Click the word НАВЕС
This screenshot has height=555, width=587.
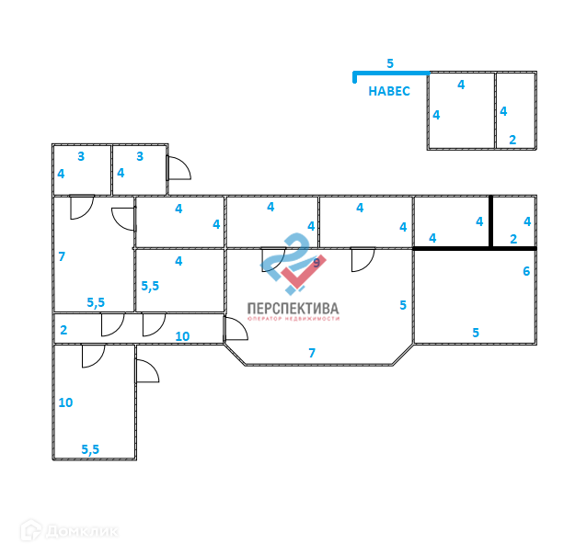coord(388,91)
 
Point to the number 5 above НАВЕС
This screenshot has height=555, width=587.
coord(390,63)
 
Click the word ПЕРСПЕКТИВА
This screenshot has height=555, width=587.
coord(293,309)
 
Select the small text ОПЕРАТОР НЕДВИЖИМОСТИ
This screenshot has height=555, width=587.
coord(293,319)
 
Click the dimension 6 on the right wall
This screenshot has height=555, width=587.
coord(526,271)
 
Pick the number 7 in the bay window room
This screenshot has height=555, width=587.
coord(312,353)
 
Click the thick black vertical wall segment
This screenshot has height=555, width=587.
coord(490,221)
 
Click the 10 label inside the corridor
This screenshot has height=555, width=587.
coord(182,336)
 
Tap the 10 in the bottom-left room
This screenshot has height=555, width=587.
coord(64,402)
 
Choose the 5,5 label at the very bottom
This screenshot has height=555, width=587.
coord(90,449)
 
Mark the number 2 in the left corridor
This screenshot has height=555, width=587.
coord(63,330)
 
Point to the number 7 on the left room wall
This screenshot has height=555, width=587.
coord(62,256)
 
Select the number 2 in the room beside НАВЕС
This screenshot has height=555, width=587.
coord(512,140)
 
